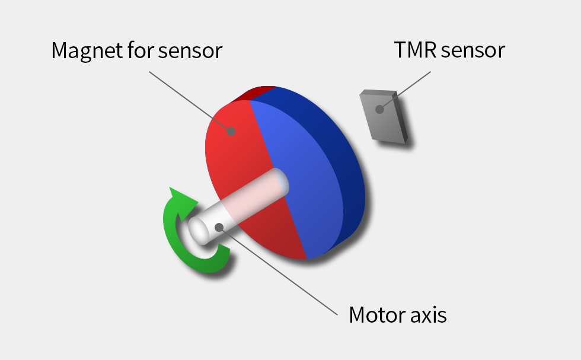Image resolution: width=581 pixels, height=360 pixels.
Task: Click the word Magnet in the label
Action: point(88,51)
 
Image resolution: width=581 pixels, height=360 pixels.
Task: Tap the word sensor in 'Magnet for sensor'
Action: point(190,51)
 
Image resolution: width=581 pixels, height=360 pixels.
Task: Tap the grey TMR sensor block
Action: point(384,116)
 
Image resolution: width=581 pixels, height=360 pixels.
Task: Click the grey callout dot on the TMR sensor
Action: point(379,109)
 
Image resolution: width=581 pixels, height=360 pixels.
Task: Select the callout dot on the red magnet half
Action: point(231,131)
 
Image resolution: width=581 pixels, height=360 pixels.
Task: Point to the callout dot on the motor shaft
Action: point(219,227)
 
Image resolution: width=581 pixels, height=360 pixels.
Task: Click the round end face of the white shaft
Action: point(199,230)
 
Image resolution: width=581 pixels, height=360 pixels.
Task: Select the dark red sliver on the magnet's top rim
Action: point(253,93)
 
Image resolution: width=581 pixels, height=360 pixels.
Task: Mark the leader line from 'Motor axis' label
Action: point(278,271)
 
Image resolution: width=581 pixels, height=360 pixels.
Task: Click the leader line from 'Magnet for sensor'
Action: point(190,101)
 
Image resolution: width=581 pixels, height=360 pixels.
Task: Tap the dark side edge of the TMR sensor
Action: point(400,117)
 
